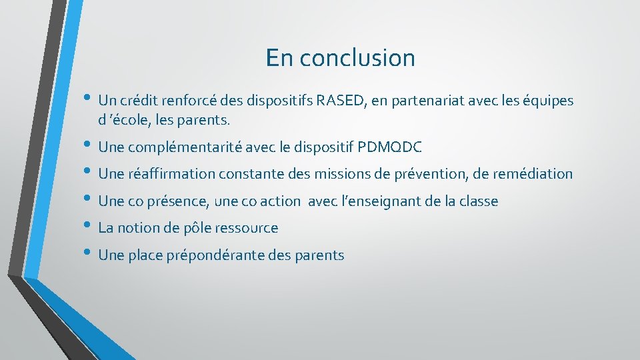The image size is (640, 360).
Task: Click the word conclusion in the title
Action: click(357, 58)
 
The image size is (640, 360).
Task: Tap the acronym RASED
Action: click(341, 101)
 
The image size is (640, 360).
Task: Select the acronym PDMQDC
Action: click(390, 147)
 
